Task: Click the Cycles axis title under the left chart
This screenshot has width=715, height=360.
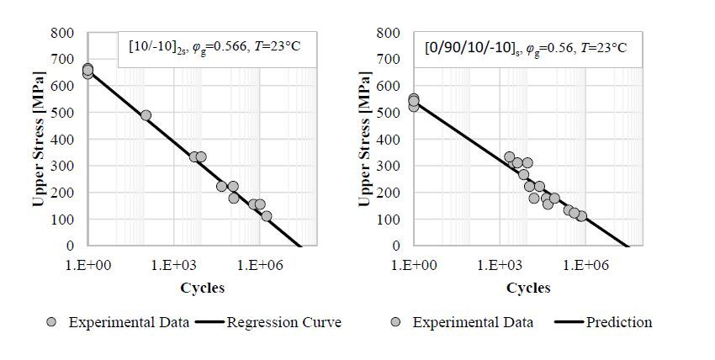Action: click(202, 288)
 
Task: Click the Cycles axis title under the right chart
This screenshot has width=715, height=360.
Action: click(527, 288)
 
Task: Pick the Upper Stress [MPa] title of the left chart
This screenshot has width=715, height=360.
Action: click(39, 139)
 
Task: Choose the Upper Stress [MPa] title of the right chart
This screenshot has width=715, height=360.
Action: click(364, 139)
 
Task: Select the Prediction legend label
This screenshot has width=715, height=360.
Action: click(619, 322)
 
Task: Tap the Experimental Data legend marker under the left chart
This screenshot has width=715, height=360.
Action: click(51, 322)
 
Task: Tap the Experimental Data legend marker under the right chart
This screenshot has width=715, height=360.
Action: click(397, 322)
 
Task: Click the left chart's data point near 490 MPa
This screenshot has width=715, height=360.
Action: click(146, 115)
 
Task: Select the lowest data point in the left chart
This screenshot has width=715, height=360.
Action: click(267, 216)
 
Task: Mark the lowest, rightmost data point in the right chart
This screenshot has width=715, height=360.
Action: click(581, 216)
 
